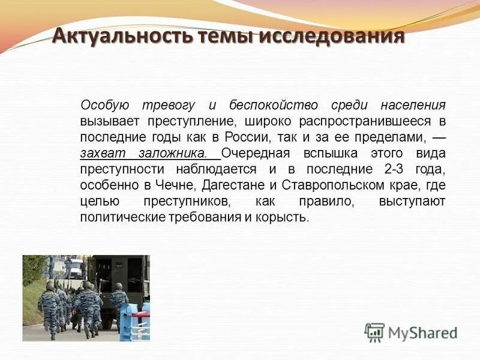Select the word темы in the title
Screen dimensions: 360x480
(222, 36)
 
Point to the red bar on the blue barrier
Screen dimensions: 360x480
(139, 314)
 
